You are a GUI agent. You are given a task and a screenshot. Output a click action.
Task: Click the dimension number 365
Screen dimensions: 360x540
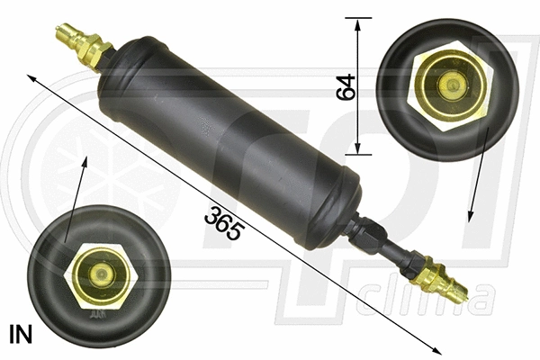[x=224, y=222]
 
